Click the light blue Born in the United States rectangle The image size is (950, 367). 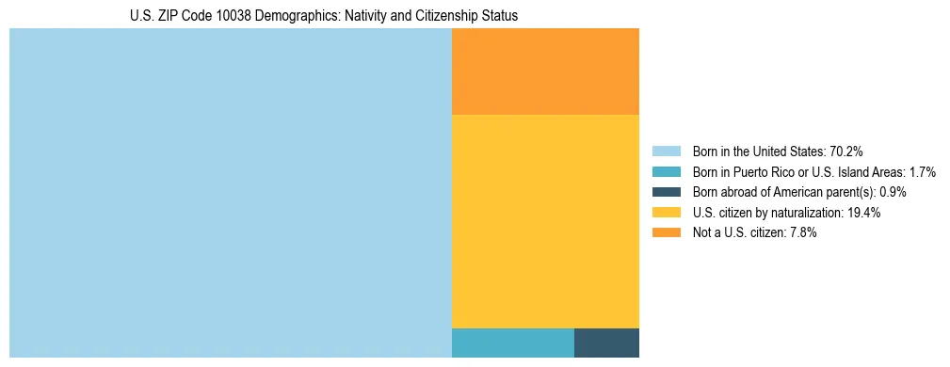[231, 193]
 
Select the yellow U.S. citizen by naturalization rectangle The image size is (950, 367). [545, 221]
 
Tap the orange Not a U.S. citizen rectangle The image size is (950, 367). [545, 72]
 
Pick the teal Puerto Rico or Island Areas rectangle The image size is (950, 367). [513, 343]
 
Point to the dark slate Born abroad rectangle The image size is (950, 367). [606, 343]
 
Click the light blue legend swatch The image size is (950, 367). [667, 152]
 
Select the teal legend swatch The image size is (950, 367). [667, 172]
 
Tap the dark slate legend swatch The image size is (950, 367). [667, 192]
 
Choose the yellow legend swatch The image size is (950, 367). [667, 213]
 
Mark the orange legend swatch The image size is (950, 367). [667, 232]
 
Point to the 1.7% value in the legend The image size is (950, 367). [919, 172]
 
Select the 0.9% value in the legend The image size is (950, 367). [893, 192]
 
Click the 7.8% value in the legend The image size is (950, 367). [801, 232]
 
